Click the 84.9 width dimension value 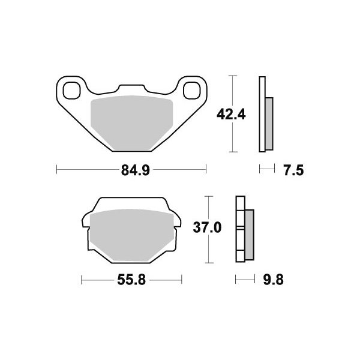tap(135, 170)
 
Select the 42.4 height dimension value tap(231, 115)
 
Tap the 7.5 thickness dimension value tap(293, 170)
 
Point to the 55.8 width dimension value tap(131, 280)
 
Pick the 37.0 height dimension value tap(207, 228)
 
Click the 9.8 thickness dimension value tap(273, 280)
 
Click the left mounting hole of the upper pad tap(72, 90)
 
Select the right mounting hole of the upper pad tap(192, 90)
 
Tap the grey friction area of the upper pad tap(131, 123)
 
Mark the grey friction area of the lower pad tap(131, 235)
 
